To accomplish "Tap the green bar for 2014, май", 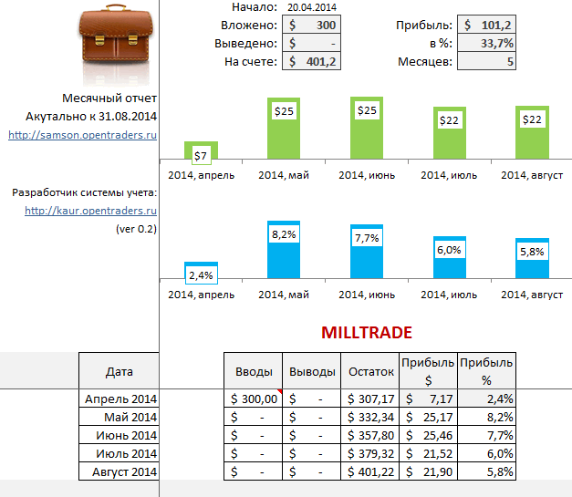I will pyautogui.click(x=284, y=129).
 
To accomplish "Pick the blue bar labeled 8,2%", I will pyautogui.click(x=284, y=250).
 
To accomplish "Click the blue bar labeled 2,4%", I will pyautogui.click(x=201, y=271).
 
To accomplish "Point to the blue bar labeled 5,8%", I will pyautogui.click(x=532, y=259).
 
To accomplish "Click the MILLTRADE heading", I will pyautogui.click(x=366, y=333).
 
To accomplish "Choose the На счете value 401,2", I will pyautogui.click(x=310, y=62).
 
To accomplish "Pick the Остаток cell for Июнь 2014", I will pyautogui.click(x=371, y=435).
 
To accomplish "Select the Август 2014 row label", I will pyautogui.click(x=125, y=471).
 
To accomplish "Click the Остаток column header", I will pyautogui.click(x=371, y=371).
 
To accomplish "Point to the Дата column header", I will pyautogui.click(x=120, y=371).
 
